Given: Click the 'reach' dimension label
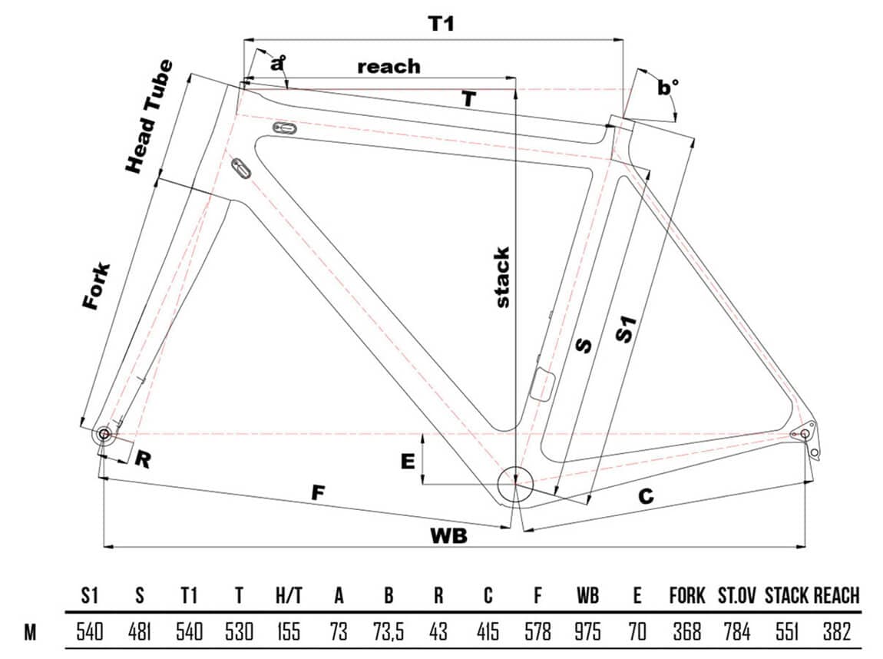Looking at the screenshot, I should point(389,66).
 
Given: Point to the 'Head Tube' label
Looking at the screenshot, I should point(149,116).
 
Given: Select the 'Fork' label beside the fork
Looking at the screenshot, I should point(97,286).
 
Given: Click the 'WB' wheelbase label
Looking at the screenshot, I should point(448,536).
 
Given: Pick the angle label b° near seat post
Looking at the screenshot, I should point(669,88).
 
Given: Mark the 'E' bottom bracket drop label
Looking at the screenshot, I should point(408,461).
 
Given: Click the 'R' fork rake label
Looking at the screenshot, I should point(143,459).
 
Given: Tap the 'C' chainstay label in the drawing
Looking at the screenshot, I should point(646,497).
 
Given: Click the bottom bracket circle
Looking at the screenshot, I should point(514,485).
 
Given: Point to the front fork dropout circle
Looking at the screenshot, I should point(103,435).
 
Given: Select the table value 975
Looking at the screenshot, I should point(587,632).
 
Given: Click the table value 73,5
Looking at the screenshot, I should point(389,632).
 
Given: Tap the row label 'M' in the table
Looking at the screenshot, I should point(31,632).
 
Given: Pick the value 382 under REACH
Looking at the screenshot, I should point(835,632).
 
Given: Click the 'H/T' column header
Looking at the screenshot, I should point(288,595).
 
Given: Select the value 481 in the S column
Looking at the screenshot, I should point(139,632).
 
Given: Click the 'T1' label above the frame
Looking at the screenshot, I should point(441,24).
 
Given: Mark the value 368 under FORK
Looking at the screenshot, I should point(686,632).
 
